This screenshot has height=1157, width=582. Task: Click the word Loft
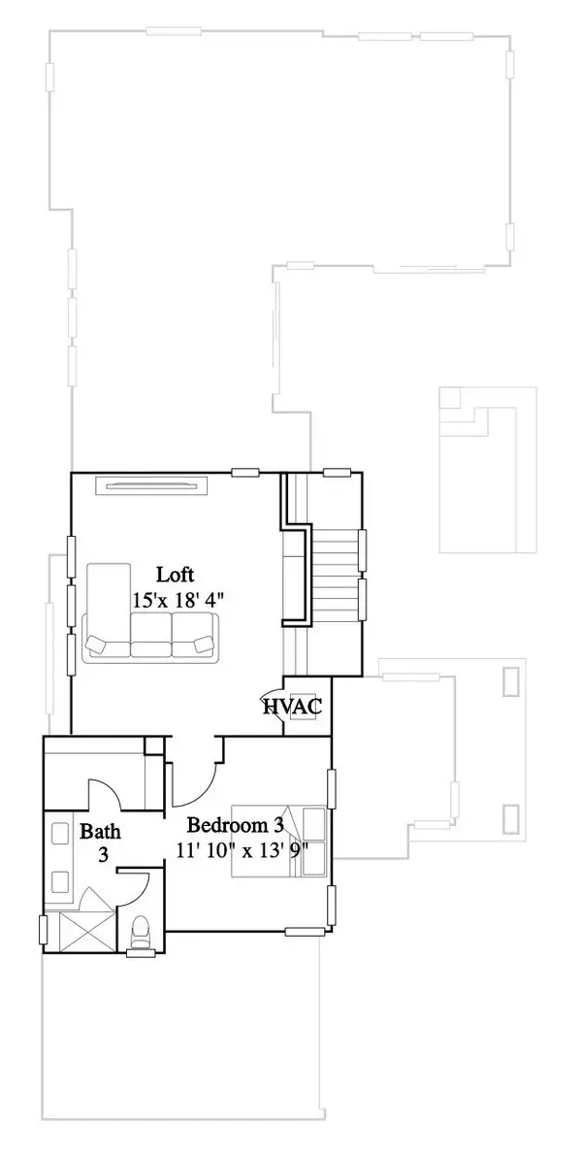177,573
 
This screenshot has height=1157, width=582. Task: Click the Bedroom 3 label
236,826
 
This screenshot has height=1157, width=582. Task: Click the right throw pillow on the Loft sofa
203,644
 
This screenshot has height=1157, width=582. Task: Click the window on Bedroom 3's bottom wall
304,932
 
